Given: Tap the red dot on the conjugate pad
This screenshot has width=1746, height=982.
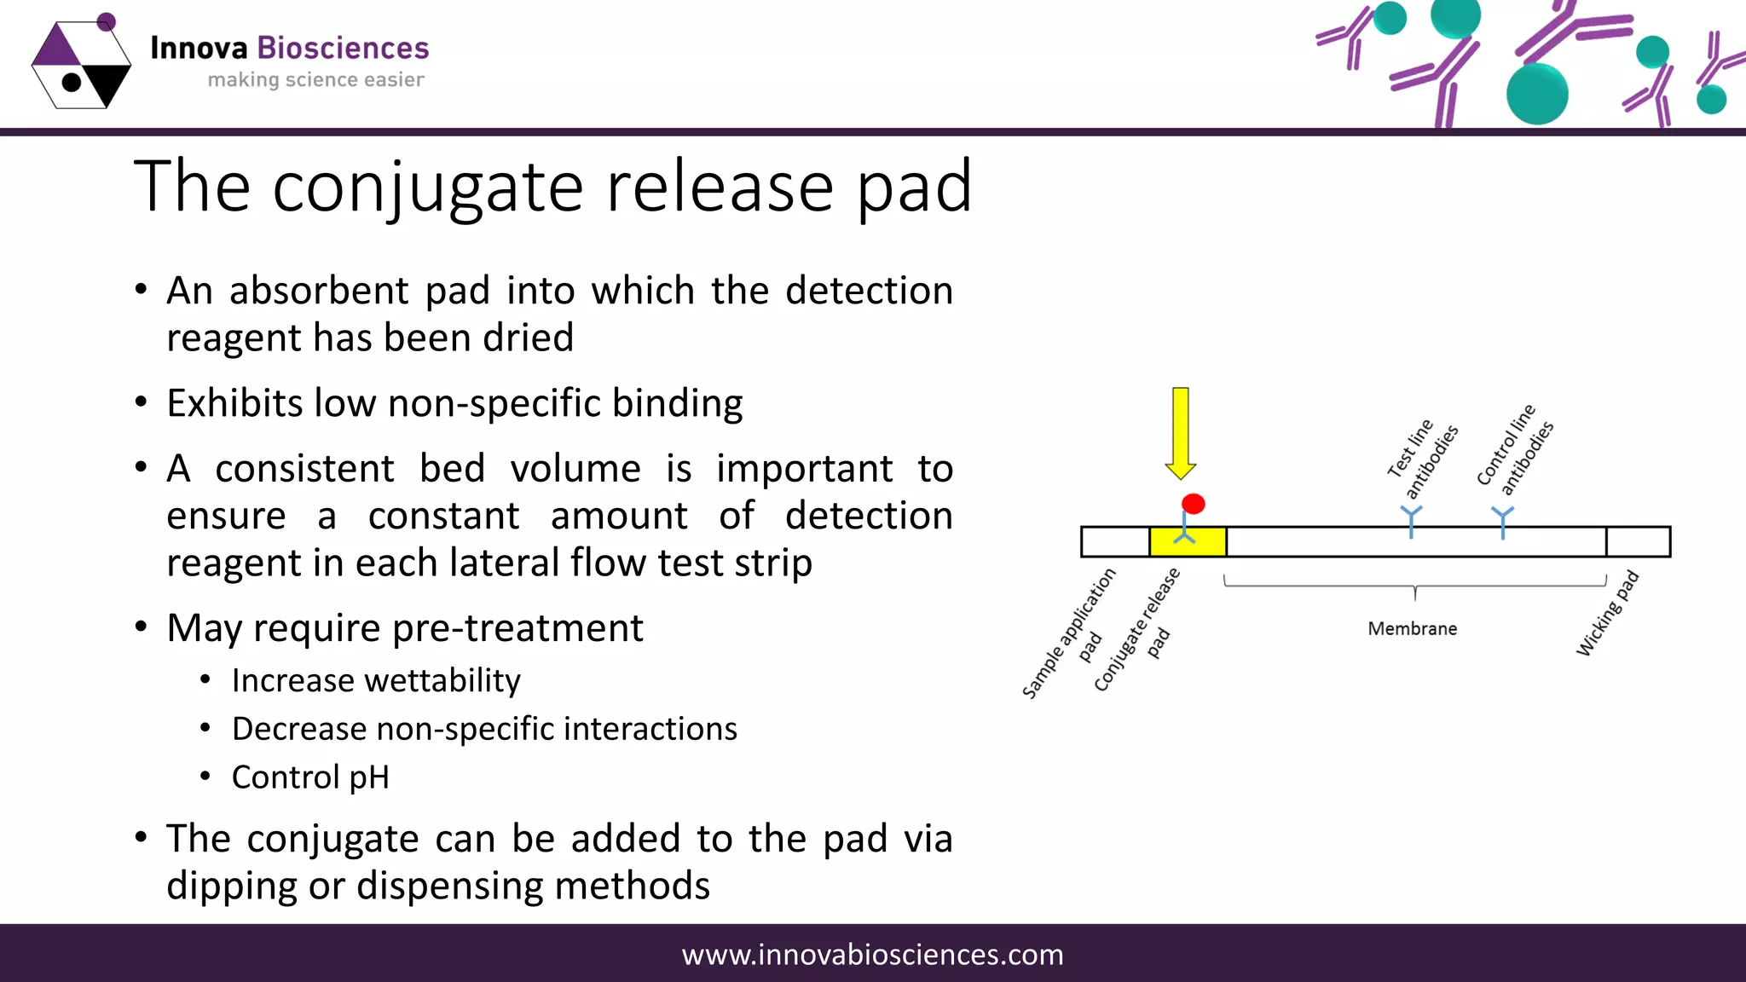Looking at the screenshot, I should [x=1194, y=504].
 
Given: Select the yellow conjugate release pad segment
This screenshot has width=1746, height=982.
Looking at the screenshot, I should [x=1188, y=542].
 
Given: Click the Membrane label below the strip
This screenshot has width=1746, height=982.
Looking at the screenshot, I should [x=1413, y=628].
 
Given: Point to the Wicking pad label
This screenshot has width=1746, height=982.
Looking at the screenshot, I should [x=1607, y=614].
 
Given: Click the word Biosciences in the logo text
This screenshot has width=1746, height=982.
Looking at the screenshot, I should [x=343, y=49].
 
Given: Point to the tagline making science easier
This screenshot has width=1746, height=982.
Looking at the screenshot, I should [x=315, y=80].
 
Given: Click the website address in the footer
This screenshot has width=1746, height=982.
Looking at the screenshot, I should [x=872, y=954].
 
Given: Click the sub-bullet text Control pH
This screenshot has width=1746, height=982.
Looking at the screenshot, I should [x=310, y=777].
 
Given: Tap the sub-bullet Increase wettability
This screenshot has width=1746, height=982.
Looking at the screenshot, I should [x=376, y=680].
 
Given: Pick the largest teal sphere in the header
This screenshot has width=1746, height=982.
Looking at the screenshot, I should [x=1537, y=94].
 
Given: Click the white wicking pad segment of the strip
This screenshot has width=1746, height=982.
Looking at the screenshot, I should [x=1638, y=542].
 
